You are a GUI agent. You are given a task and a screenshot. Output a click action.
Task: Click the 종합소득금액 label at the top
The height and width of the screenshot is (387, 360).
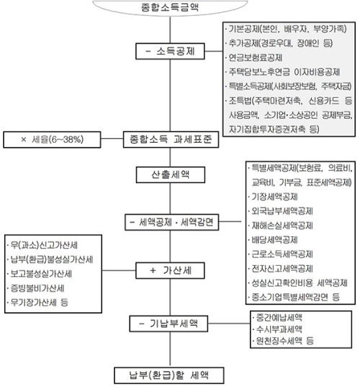pyautogui.click(x=170, y=7)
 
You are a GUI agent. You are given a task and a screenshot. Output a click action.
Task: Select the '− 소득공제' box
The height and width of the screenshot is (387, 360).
pyautogui.click(x=170, y=51)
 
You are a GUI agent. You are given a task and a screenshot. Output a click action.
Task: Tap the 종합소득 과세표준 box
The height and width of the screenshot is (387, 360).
pyautogui.click(x=171, y=139)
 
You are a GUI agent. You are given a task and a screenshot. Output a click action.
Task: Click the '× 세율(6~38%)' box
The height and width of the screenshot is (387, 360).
pyautogui.click(x=52, y=140)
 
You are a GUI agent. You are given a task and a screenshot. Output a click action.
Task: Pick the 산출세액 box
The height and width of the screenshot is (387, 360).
pyautogui.click(x=171, y=174)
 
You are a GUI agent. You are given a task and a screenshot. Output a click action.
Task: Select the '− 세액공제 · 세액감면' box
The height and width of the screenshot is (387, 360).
pyautogui.click(x=171, y=223)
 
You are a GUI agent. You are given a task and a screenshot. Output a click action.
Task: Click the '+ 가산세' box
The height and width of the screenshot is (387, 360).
pyautogui.click(x=170, y=271)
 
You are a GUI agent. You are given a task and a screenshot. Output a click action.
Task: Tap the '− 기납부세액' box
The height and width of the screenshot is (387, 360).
pyautogui.click(x=168, y=324)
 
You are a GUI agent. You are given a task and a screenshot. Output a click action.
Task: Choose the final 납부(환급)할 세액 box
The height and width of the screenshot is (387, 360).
pyautogui.click(x=169, y=375)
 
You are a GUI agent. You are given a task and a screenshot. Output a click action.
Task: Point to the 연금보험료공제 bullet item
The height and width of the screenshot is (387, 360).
pyautogui.click(x=254, y=58)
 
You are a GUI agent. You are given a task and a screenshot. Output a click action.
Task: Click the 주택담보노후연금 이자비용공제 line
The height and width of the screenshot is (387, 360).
pyautogui.click(x=283, y=72)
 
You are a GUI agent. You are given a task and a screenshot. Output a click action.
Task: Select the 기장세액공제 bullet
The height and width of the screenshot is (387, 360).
pyautogui.click(x=274, y=197)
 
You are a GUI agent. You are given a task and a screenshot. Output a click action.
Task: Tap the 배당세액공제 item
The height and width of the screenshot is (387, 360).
pyautogui.click(x=274, y=240)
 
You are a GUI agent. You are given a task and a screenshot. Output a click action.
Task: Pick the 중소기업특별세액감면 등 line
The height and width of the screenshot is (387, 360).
pyautogui.click(x=294, y=297)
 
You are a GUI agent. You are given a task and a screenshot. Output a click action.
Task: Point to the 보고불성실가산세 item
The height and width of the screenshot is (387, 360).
pyautogui.click(x=40, y=274)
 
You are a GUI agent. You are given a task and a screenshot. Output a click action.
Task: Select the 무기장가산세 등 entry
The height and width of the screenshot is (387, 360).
pyautogui.click(x=38, y=303)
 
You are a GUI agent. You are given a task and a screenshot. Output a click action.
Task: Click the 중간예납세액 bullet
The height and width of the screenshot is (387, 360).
pyautogui.click(x=278, y=317)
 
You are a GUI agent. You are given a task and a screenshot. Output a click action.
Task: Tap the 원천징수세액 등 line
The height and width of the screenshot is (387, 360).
pyautogui.click(x=284, y=341)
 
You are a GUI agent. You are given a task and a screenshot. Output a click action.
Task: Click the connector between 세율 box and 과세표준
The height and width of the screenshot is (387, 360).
pyautogui.click(x=112, y=138)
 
